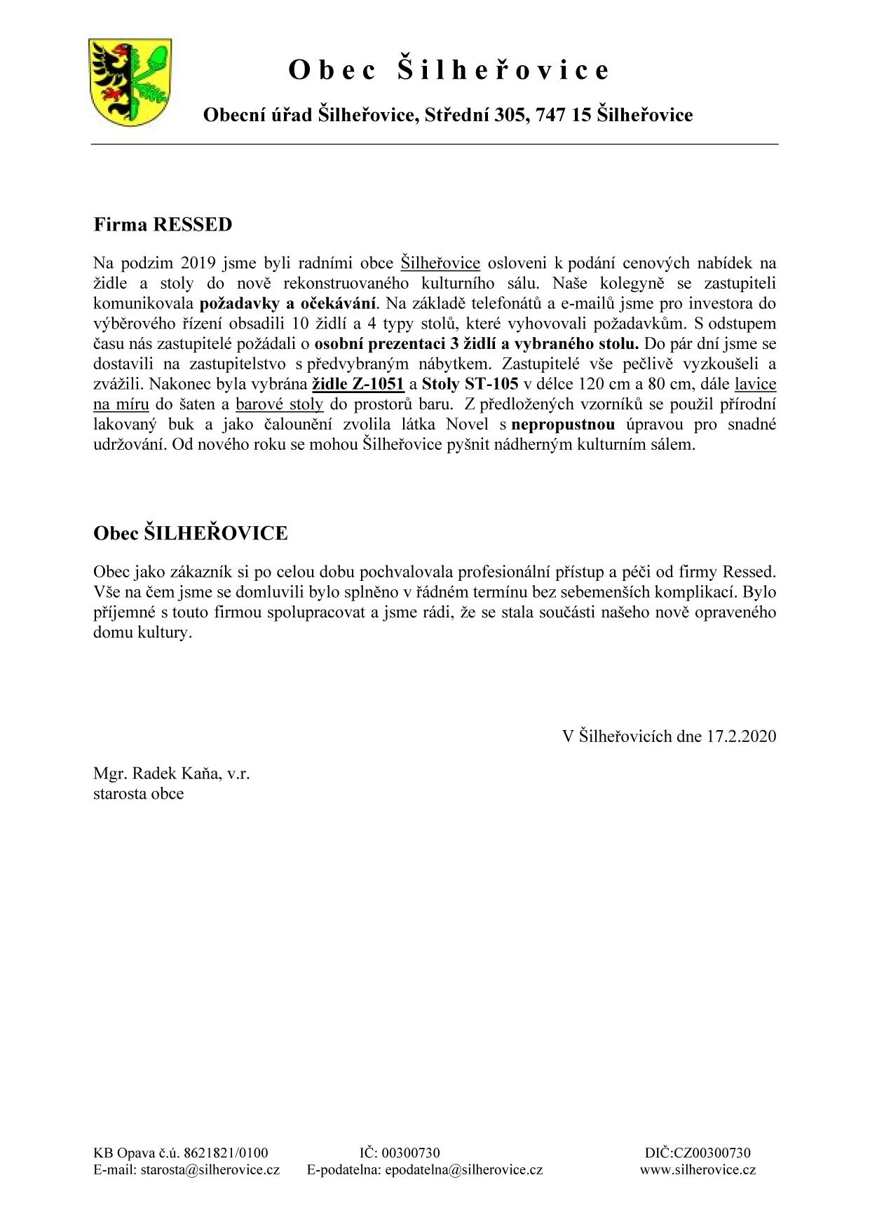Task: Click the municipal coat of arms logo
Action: tap(131, 83)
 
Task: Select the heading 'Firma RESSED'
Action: tap(162, 225)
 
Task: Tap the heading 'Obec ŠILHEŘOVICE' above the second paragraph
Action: tap(190, 533)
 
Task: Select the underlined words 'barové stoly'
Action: tap(279, 404)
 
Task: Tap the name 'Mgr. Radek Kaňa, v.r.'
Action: tap(171, 774)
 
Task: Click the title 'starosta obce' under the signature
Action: tap(138, 794)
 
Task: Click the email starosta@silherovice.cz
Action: tap(210, 1169)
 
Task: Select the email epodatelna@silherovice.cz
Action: tap(464, 1169)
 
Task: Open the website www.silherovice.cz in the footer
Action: tap(698, 1169)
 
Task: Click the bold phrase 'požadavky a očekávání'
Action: tap(288, 304)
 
